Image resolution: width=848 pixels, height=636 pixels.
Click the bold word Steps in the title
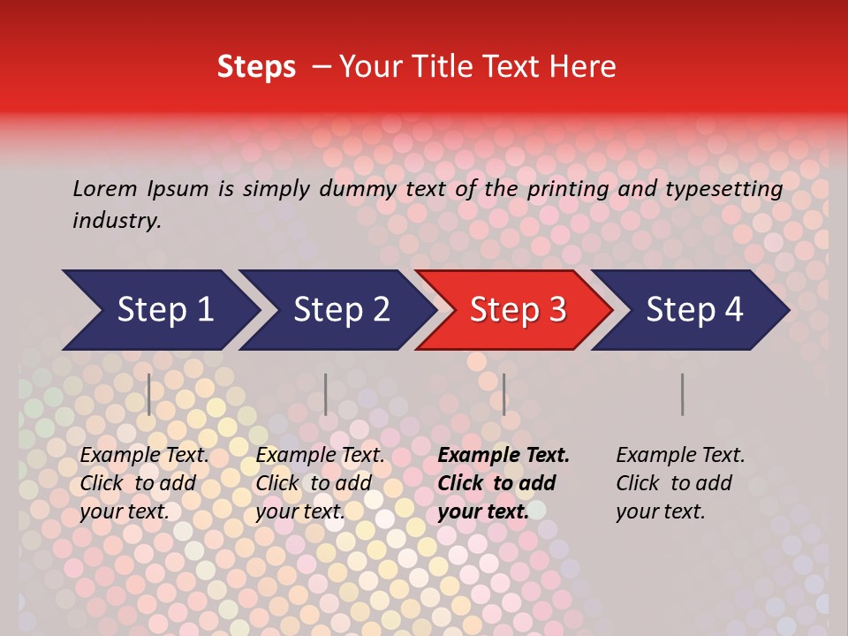(x=256, y=67)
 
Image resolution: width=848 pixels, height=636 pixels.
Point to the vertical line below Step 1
(x=149, y=394)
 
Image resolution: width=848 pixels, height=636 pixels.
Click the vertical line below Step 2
(x=326, y=394)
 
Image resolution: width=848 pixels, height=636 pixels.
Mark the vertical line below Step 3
(x=503, y=394)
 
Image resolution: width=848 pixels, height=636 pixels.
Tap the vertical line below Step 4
(x=683, y=394)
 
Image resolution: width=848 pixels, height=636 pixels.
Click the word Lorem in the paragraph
(x=104, y=188)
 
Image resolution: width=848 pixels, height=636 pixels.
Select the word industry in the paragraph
(x=117, y=221)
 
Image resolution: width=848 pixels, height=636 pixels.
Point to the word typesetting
(x=723, y=188)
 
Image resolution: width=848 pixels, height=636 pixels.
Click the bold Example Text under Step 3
(x=503, y=455)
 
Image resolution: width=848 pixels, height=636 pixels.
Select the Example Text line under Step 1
(x=144, y=455)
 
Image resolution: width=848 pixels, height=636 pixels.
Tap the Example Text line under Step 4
(x=680, y=455)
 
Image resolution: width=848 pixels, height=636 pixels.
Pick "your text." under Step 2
(x=299, y=511)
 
